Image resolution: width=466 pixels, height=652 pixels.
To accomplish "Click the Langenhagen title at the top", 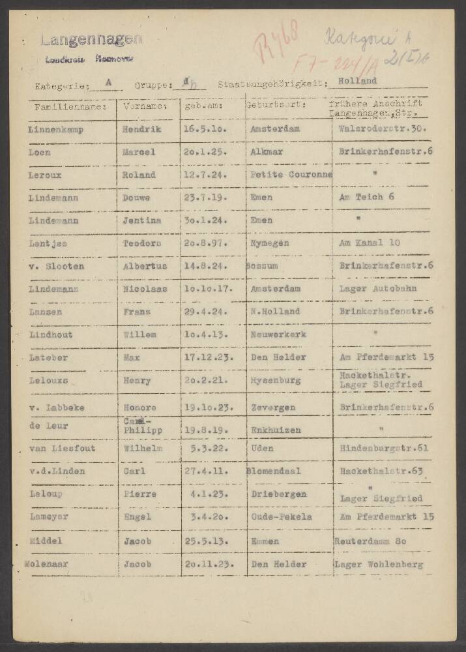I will tap(91, 40).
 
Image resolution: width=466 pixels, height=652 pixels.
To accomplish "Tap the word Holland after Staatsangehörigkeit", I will tap(358, 81).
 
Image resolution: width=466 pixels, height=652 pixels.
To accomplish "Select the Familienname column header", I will tap(67, 106).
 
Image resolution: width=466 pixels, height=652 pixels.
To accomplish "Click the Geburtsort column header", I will tap(274, 106).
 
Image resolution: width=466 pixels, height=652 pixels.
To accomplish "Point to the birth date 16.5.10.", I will tap(205, 129).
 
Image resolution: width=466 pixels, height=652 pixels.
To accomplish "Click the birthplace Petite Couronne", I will tap(291, 175).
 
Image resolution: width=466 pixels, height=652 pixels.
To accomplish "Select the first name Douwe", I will tap(136, 198).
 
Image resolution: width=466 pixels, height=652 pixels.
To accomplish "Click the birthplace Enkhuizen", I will tap(276, 430).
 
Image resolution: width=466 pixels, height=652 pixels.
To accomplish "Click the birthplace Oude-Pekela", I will tap(281, 517).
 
